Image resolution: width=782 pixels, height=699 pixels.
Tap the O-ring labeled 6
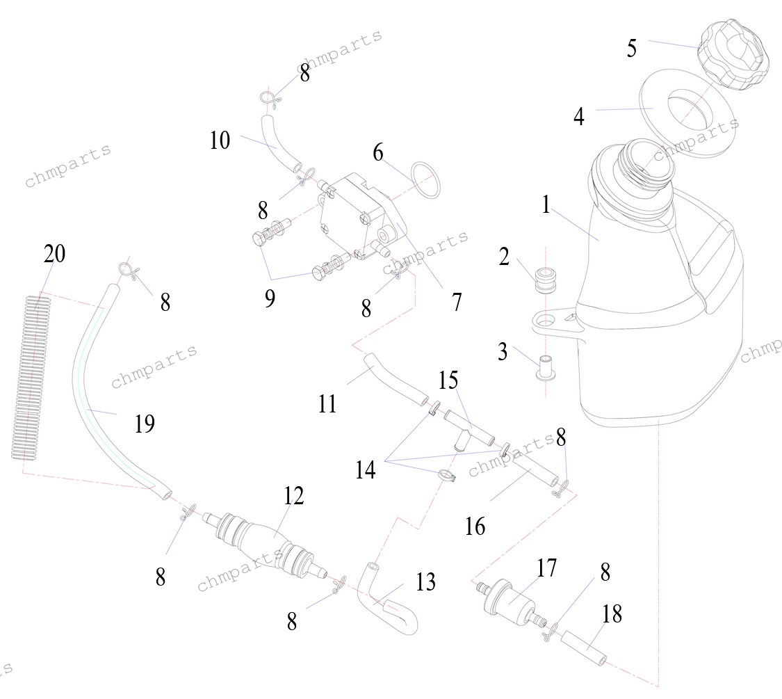tap(424, 181)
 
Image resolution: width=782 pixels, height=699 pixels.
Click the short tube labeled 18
tap(587, 646)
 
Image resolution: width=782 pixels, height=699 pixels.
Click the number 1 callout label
tap(547, 204)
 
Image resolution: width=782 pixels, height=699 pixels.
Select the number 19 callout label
tap(144, 423)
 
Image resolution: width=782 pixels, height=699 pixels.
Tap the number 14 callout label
tap(366, 470)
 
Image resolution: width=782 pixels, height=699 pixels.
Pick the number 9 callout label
tap(270, 298)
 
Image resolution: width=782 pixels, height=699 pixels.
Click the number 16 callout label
tap(475, 527)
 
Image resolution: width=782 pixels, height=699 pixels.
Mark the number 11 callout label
tap(327, 403)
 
